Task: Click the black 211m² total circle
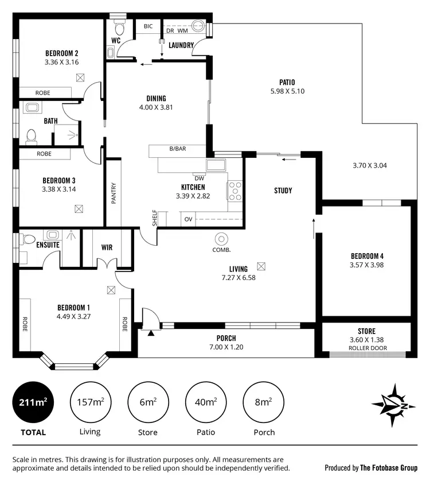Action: (x=33, y=402)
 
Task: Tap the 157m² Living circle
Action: (x=90, y=402)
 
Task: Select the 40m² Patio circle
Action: (x=206, y=402)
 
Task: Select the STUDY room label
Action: (x=283, y=191)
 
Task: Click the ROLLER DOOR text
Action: (x=367, y=348)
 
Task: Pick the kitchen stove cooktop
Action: (x=235, y=191)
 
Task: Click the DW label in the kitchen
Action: (x=200, y=177)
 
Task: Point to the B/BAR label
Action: (x=177, y=149)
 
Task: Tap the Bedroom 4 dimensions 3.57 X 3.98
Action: (x=366, y=265)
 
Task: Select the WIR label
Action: (x=107, y=247)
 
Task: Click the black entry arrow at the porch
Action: (x=151, y=331)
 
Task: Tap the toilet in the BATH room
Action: (x=32, y=136)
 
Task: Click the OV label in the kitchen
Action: (x=188, y=219)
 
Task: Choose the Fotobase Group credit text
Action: (x=371, y=468)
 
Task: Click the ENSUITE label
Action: (x=32, y=245)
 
